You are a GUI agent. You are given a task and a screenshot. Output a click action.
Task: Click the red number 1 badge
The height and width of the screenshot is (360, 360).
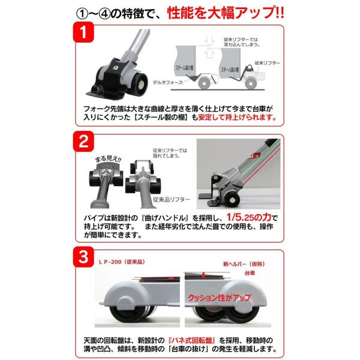coord(83,32)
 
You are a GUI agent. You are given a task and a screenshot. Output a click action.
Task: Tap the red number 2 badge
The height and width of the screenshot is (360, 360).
coord(83,142)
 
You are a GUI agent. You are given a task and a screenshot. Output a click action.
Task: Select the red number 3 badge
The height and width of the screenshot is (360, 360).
coord(83,257)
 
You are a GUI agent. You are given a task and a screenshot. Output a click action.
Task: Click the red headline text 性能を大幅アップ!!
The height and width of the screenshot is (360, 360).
coord(226,13)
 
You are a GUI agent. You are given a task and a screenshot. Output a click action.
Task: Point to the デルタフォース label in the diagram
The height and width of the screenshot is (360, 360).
coord(168,82)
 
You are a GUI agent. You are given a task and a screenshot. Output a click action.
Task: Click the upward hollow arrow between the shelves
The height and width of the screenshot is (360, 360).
coord(209,53)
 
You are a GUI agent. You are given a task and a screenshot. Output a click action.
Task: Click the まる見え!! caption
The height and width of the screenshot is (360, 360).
coord(108,158)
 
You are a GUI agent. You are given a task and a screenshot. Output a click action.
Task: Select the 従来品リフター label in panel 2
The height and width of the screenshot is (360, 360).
coord(172,199)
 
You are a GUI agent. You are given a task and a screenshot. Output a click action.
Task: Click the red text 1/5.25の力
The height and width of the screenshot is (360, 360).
coord(249,217)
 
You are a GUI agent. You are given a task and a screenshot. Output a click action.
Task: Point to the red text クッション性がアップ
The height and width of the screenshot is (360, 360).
coord(219,298)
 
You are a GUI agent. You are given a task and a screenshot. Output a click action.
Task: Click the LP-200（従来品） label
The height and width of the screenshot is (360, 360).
coord(122,262)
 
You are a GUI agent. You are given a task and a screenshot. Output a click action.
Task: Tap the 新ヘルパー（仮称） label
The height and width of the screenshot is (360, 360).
coord(244,264)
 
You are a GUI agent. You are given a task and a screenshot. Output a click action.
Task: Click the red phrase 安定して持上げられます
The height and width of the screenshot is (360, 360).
coord(237,118)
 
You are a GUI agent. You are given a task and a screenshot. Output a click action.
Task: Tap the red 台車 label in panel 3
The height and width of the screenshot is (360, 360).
coord(250,273)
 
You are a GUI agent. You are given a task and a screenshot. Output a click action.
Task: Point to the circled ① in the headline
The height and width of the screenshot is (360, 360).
coord(81,14)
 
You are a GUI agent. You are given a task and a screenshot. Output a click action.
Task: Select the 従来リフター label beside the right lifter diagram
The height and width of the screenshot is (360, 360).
coord(268,63)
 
